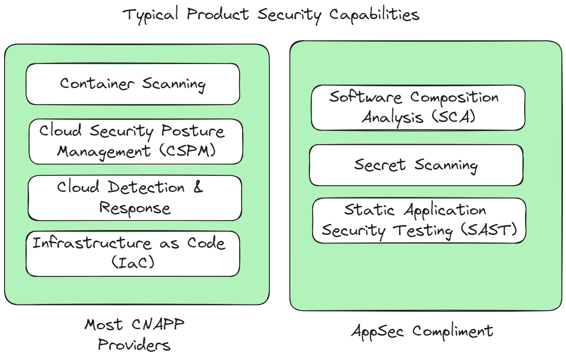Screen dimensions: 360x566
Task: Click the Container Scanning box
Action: tap(132, 84)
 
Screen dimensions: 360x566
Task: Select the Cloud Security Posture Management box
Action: tap(136, 141)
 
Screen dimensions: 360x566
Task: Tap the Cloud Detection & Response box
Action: tap(135, 198)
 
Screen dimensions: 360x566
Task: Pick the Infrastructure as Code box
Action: tap(132, 253)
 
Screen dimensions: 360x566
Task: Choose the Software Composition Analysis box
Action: tap(418, 108)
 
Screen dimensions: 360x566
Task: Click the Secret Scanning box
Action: tap(416, 165)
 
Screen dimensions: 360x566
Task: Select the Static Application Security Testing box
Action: tap(419, 220)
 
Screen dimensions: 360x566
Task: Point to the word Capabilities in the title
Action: tap(374, 15)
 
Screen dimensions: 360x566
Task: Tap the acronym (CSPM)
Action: tap(188, 151)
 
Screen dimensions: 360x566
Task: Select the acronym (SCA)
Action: tap(452, 117)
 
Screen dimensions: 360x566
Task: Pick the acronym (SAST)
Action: tap(488, 230)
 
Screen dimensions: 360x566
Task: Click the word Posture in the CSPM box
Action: tap(192, 131)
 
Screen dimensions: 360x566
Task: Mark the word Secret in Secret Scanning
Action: tap(380, 165)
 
